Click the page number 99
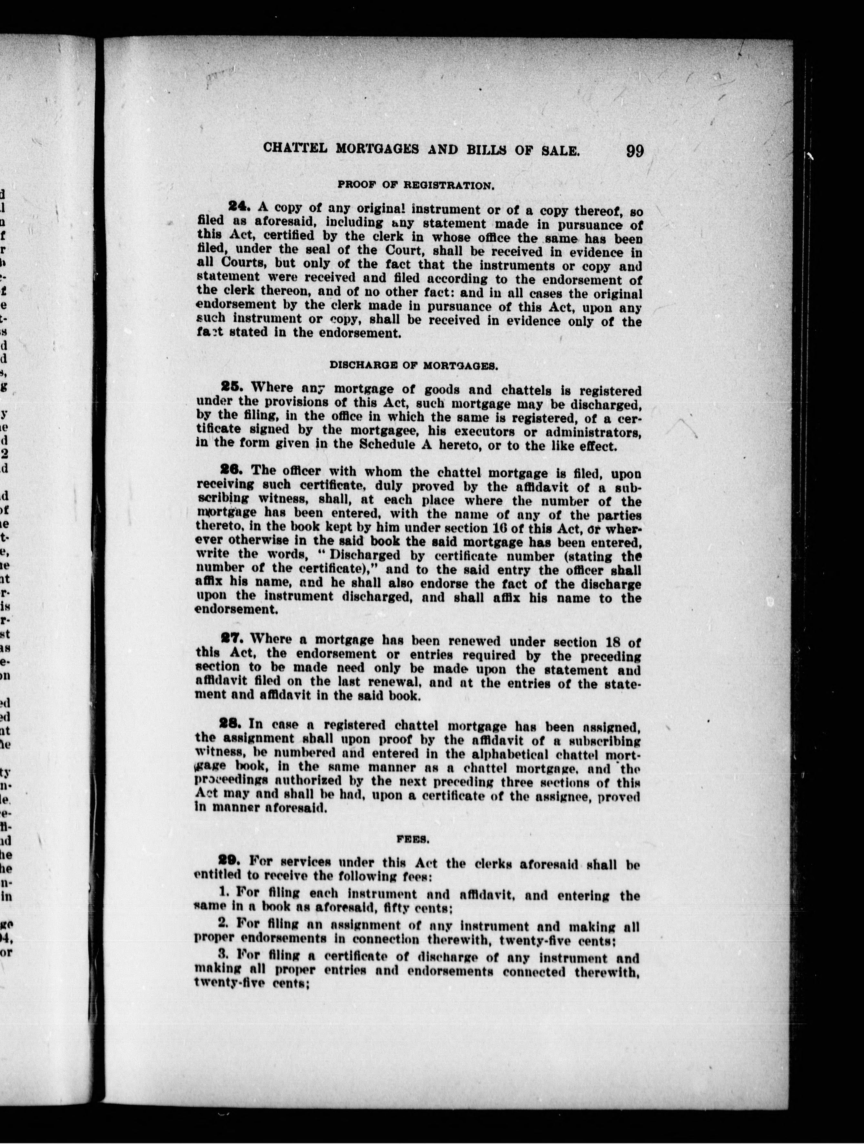tap(634, 151)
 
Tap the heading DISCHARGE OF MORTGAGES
tap(414, 365)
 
